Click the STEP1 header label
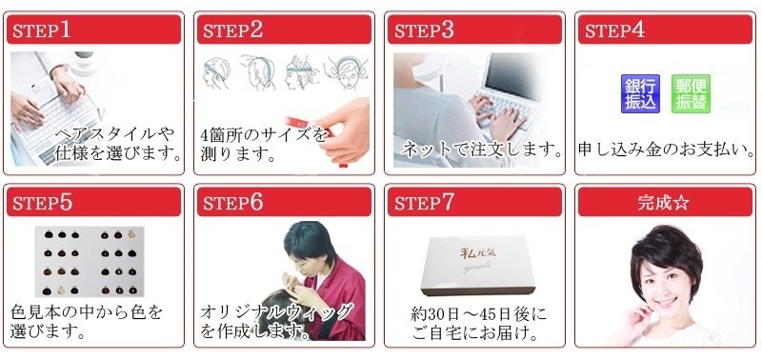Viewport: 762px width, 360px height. click(x=41, y=30)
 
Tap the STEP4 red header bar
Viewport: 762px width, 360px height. click(x=665, y=30)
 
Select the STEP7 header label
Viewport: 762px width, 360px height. click(x=423, y=202)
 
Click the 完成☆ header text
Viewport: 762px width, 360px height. click(x=664, y=202)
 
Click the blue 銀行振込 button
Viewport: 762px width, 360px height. click(x=640, y=93)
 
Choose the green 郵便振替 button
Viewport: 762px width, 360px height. click(x=691, y=93)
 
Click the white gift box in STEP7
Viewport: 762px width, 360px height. click(x=478, y=266)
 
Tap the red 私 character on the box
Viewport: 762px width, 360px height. click(x=468, y=252)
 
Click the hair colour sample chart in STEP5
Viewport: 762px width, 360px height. click(x=90, y=261)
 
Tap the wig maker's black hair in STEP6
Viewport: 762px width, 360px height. click(x=309, y=242)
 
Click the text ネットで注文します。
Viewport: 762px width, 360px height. click(x=482, y=150)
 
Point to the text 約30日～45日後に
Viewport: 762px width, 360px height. click(x=478, y=314)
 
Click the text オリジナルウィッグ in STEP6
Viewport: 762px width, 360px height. click(x=276, y=311)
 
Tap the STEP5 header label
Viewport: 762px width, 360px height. click(x=42, y=202)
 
